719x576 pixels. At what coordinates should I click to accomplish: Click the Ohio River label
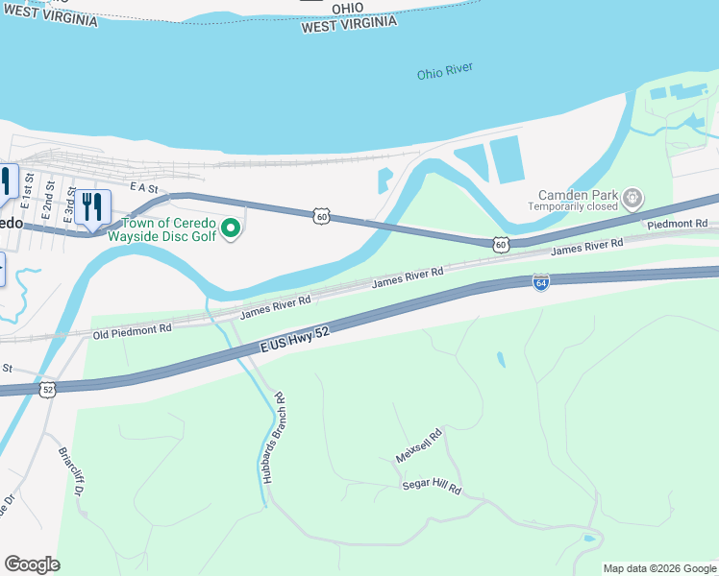[x=446, y=73]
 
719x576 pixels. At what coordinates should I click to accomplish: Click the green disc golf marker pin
[x=230, y=228]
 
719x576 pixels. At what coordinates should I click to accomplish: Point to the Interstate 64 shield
[x=541, y=282]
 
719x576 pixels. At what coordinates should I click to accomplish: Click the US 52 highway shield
[x=47, y=389]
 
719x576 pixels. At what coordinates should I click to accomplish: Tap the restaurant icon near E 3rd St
[x=92, y=206]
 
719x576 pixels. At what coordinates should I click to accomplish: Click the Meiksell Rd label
[x=418, y=445]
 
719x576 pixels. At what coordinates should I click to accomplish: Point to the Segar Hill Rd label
[x=432, y=489]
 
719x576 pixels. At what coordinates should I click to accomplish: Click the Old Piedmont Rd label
[x=132, y=329]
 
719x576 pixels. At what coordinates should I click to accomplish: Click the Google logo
[x=32, y=564]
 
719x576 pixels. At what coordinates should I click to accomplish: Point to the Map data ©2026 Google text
[x=660, y=568]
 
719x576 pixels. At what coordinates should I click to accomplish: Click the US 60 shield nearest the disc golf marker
[x=322, y=217]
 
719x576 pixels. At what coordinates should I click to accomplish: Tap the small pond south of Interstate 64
[x=501, y=360]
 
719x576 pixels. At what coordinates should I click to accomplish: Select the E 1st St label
[x=30, y=189]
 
